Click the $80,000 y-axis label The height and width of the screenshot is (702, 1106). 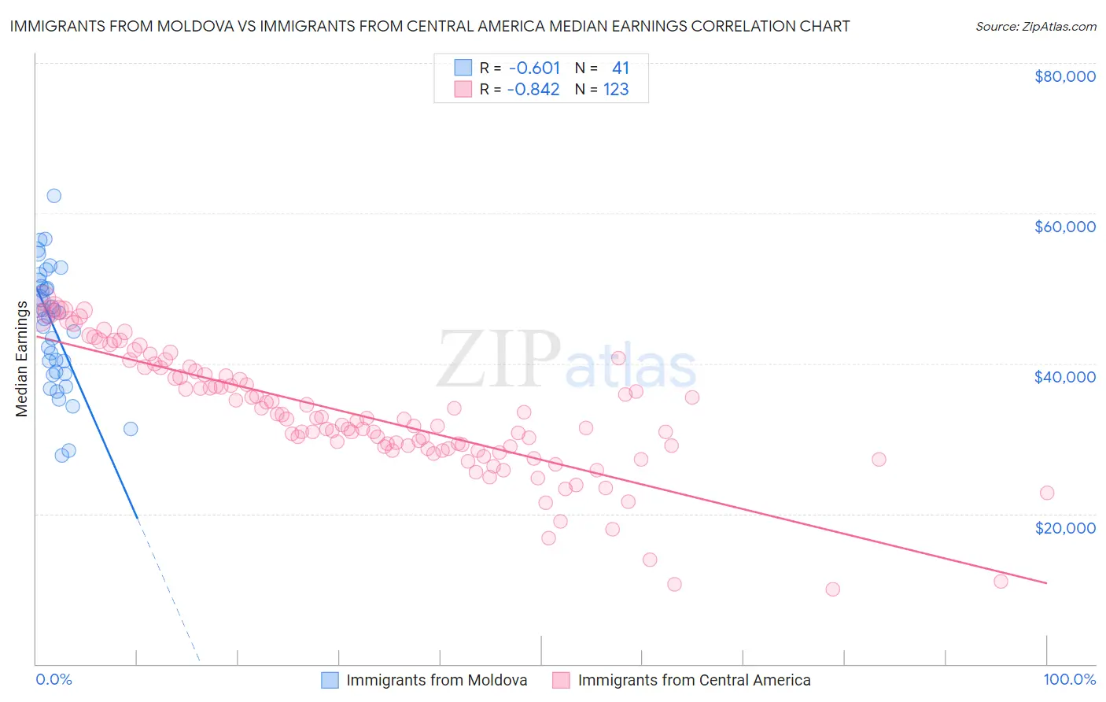(x=1065, y=76)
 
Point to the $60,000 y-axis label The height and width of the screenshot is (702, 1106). (x=1065, y=227)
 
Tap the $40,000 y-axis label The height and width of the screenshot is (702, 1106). (x=1065, y=377)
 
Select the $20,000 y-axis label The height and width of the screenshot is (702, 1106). (x=1065, y=527)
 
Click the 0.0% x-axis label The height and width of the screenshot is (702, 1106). (x=53, y=679)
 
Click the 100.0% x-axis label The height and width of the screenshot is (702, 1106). (x=1069, y=679)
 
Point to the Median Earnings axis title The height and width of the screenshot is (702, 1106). (x=21, y=358)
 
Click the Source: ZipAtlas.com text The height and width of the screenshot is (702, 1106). (x=1035, y=26)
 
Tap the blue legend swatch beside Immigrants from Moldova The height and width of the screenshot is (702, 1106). (x=330, y=680)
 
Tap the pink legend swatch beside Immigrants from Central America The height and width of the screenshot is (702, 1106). (x=561, y=680)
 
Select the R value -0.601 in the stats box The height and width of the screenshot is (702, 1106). (x=534, y=68)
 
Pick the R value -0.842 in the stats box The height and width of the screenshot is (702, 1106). (x=533, y=90)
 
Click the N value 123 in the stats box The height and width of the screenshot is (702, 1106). (x=616, y=90)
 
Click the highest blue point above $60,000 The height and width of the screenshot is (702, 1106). (x=53, y=196)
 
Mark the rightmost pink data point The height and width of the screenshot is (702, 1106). (x=1046, y=493)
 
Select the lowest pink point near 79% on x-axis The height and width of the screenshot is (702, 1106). (x=832, y=589)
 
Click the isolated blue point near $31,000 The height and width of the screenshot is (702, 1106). (x=131, y=429)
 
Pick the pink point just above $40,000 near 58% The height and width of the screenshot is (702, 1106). (x=618, y=358)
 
